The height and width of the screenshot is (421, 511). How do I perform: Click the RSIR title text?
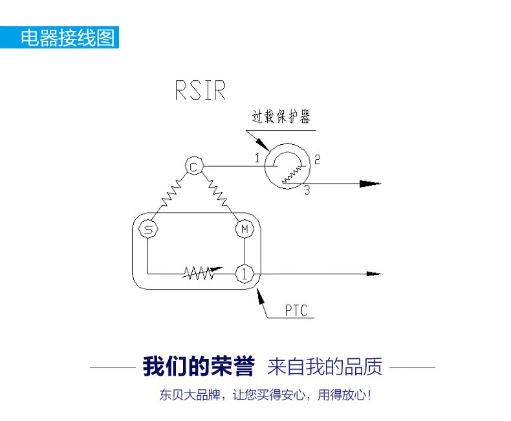coord(201,91)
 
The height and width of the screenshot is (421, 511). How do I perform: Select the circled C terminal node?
coord(193,166)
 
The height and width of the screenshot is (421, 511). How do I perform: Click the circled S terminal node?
coord(149,228)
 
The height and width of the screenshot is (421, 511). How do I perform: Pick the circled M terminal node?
coord(245,228)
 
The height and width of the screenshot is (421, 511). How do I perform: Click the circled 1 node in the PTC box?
coord(244,274)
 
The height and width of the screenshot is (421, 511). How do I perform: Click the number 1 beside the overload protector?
coord(257,158)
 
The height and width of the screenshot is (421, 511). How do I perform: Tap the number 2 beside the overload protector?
coord(317,158)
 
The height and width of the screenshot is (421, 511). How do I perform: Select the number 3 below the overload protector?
coord(307,190)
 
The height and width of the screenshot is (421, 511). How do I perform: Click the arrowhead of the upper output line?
coord(371,184)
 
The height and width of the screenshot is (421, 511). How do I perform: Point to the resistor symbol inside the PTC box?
coord(198,274)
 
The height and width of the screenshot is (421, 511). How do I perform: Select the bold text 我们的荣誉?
coord(199,367)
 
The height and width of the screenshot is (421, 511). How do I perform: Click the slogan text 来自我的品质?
coord(325,367)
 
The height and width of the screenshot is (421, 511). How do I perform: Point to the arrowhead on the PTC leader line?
coord(260,296)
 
